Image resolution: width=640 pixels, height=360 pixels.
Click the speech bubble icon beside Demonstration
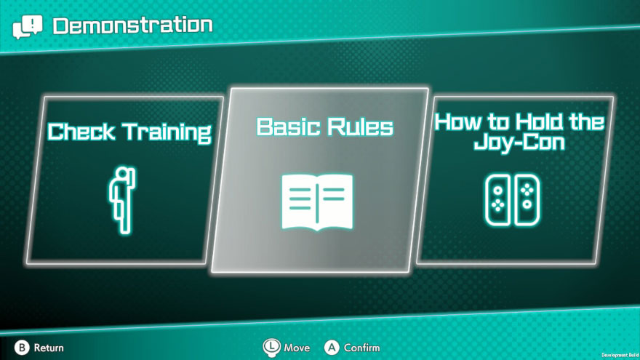pyautogui.click(x=28, y=27)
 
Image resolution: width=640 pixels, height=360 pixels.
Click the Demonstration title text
pyautogui.click(x=132, y=25)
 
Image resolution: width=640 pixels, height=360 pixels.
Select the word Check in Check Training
pyautogui.click(x=81, y=132)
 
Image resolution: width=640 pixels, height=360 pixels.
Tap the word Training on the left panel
pyautogui.click(x=167, y=132)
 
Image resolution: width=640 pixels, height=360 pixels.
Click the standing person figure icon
pyautogui.click(x=122, y=200)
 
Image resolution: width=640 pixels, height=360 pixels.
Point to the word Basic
pyautogui.click(x=289, y=127)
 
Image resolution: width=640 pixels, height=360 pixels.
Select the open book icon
pyautogui.click(x=317, y=201)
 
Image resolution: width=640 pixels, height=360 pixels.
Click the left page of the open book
pyautogui.click(x=299, y=201)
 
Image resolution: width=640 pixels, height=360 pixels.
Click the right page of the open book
pyautogui.click(x=335, y=201)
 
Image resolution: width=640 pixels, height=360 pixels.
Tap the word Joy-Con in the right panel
pyautogui.click(x=519, y=143)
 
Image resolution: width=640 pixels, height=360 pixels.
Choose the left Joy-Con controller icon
pyautogui.click(x=497, y=200)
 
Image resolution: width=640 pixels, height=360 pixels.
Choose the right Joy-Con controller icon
pyautogui.click(x=527, y=200)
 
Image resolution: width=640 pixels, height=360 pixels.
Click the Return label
pyautogui.click(x=49, y=348)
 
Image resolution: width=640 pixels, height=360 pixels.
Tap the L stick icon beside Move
pyautogui.click(x=271, y=348)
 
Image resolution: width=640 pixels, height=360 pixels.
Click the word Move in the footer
pyautogui.click(x=297, y=348)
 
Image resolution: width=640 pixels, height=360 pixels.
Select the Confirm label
pyautogui.click(x=361, y=348)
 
